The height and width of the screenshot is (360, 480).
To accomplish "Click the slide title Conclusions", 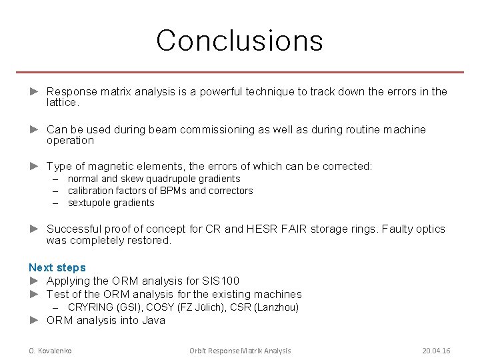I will pyautogui.click(x=239, y=40).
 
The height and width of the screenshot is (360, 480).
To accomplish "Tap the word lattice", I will pyautogui.click(x=62, y=103).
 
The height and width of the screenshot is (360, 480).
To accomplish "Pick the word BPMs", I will pyautogui.click(x=172, y=191).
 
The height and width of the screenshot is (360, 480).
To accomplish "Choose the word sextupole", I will pyautogui.click(x=89, y=203).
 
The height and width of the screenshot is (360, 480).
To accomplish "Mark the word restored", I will pyautogui.click(x=150, y=240).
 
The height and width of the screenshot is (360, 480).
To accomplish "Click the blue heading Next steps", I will pyautogui.click(x=57, y=267).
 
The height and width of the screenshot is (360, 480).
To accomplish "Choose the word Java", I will pyautogui.click(x=154, y=320).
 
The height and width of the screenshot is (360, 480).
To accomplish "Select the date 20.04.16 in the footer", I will pyautogui.click(x=436, y=351).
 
